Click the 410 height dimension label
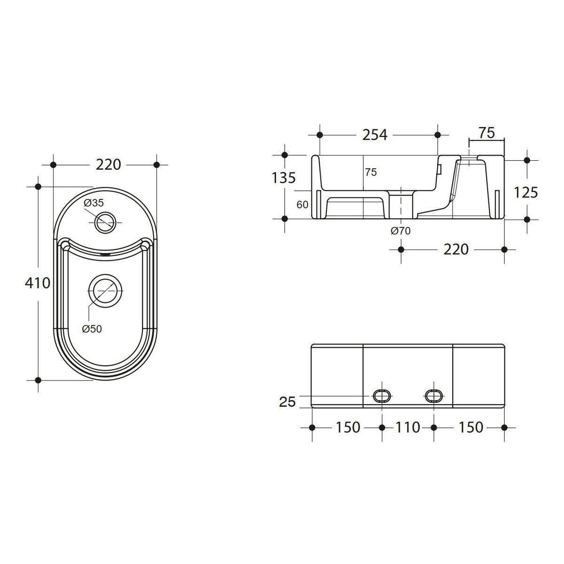(38, 283)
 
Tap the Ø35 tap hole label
(94, 203)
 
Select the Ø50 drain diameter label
(92, 329)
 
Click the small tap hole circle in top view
(105, 223)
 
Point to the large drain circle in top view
(106, 291)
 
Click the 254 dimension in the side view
(375, 135)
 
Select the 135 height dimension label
(283, 178)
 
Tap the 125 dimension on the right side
(526, 193)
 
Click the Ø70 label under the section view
(401, 231)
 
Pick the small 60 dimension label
(302, 205)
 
